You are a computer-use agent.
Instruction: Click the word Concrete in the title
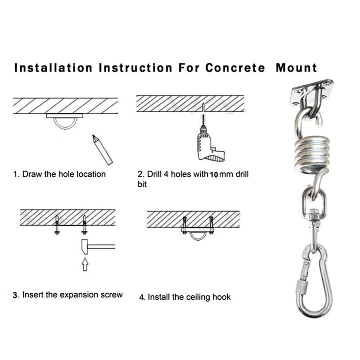[235, 68]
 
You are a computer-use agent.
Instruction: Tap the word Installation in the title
[54, 68]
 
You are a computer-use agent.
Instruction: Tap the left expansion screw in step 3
[57, 225]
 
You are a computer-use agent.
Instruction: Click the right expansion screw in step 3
[84, 225]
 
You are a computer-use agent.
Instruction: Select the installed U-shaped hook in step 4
[198, 235]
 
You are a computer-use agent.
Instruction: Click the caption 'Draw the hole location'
[63, 174]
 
